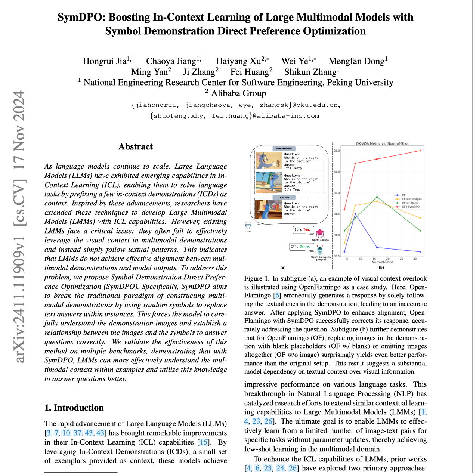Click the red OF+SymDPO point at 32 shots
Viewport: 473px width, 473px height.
420,151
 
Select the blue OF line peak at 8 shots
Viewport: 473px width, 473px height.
355,214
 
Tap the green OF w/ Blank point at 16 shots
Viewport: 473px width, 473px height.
377,197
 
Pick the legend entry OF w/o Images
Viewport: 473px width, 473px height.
411,199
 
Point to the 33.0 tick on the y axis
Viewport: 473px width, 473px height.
337,151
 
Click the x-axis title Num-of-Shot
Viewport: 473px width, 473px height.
382,262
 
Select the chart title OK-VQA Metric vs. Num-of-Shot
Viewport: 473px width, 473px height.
382,143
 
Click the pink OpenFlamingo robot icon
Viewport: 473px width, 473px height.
320,234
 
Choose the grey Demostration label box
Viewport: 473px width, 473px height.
284,149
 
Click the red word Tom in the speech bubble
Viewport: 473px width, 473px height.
306,229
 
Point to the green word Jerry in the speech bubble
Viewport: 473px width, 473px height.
305,247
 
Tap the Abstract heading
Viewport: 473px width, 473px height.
136,146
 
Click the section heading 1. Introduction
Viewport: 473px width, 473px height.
74,408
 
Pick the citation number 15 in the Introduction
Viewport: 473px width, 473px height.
204,442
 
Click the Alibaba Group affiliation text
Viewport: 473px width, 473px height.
238,93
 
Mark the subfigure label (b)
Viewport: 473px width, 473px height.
381,268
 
